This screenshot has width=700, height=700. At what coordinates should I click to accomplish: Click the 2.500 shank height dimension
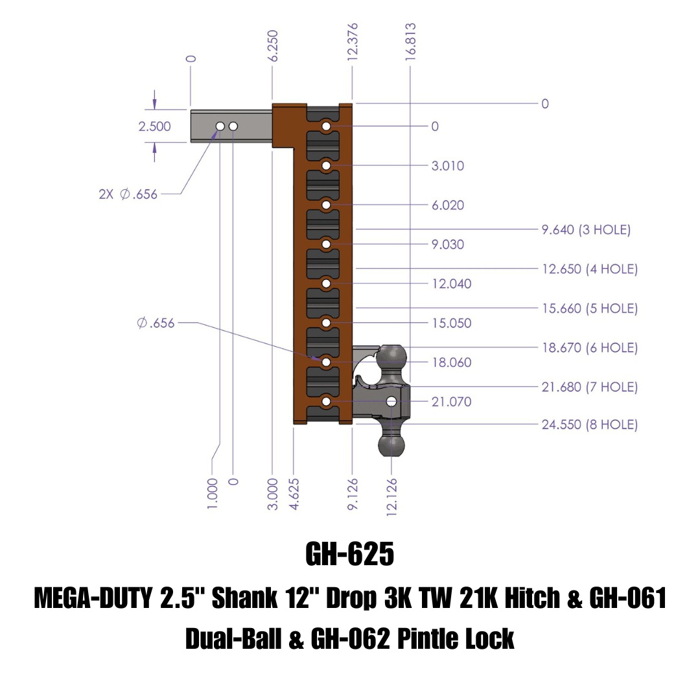[154, 126]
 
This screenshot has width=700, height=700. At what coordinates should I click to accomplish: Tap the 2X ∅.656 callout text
[128, 194]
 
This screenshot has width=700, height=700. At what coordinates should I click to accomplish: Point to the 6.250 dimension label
[273, 45]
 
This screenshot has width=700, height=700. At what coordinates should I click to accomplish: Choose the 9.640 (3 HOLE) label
[585, 229]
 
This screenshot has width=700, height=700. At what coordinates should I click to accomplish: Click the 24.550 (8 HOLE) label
[589, 425]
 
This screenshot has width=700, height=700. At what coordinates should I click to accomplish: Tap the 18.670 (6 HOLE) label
[589, 348]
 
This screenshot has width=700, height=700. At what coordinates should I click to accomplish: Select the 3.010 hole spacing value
[448, 166]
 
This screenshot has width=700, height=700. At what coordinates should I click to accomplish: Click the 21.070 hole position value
[452, 402]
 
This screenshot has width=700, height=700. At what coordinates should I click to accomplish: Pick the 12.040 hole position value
[452, 284]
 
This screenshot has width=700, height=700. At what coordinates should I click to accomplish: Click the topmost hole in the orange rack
[326, 126]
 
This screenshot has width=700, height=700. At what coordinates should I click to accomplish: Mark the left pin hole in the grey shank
[220, 126]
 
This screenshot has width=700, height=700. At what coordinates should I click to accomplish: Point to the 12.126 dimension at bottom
[391, 497]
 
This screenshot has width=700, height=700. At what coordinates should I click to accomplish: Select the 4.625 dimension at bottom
[294, 494]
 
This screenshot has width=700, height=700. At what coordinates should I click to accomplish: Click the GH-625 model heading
[349, 555]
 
